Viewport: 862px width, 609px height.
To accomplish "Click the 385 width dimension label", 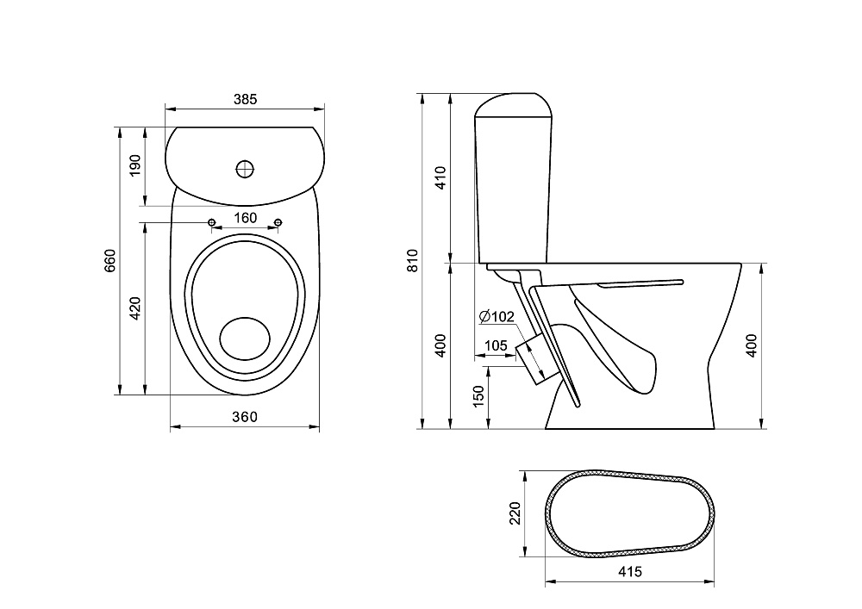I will [x=246, y=99].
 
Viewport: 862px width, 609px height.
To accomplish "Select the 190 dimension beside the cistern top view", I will [x=134, y=165].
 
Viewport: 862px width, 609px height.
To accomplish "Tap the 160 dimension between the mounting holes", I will [x=246, y=218].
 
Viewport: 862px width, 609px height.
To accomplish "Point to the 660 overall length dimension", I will [x=109, y=260].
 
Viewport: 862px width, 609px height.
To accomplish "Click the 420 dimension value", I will [x=134, y=308].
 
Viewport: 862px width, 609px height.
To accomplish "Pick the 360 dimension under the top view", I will [x=246, y=417].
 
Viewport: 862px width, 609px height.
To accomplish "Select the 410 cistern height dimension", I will [x=440, y=177].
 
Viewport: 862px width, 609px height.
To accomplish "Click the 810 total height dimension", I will [x=413, y=260].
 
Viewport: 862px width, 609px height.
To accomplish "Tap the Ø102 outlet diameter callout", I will [x=497, y=317].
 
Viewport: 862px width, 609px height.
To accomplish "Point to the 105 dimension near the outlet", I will [x=496, y=345].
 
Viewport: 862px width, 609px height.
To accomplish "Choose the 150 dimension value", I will [x=479, y=397].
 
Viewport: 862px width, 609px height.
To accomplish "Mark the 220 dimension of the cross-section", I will [x=515, y=514].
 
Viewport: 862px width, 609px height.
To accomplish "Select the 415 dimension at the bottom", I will [x=630, y=571].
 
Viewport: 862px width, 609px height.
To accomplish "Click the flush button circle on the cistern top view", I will [x=246, y=168].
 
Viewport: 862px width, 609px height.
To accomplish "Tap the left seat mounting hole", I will [x=211, y=223].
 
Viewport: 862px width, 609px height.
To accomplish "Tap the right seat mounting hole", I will [x=278, y=223].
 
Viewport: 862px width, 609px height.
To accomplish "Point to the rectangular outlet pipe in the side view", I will [x=532, y=357].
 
